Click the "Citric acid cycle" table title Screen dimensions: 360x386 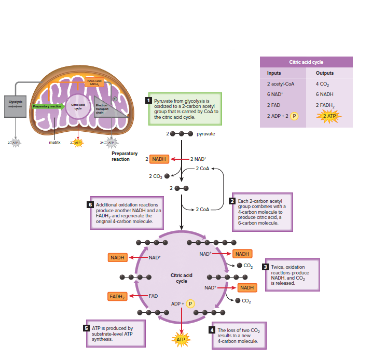pyautogui.click(x=306, y=62)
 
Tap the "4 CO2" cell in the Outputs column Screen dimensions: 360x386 pyautogui.click(x=325, y=84)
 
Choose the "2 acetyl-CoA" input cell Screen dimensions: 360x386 pyautogui.click(x=280, y=84)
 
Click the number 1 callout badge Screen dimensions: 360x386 pyautogui.click(x=149, y=100)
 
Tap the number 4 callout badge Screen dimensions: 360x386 pyautogui.click(x=213, y=330)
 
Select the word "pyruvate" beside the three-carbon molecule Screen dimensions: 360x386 pyautogui.click(x=206, y=134)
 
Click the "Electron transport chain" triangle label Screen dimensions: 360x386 pyautogui.click(x=102, y=109)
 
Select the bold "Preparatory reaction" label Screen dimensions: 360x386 pyautogui.click(x=125, y=156)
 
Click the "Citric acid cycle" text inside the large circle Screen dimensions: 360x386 pyautogui.click(x=181, y=278)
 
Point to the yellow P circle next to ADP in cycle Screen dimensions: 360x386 pyautogui.click(x=190, y=303)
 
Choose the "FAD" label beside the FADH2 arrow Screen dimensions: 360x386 pyautogui.click(x=153, y=296)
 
